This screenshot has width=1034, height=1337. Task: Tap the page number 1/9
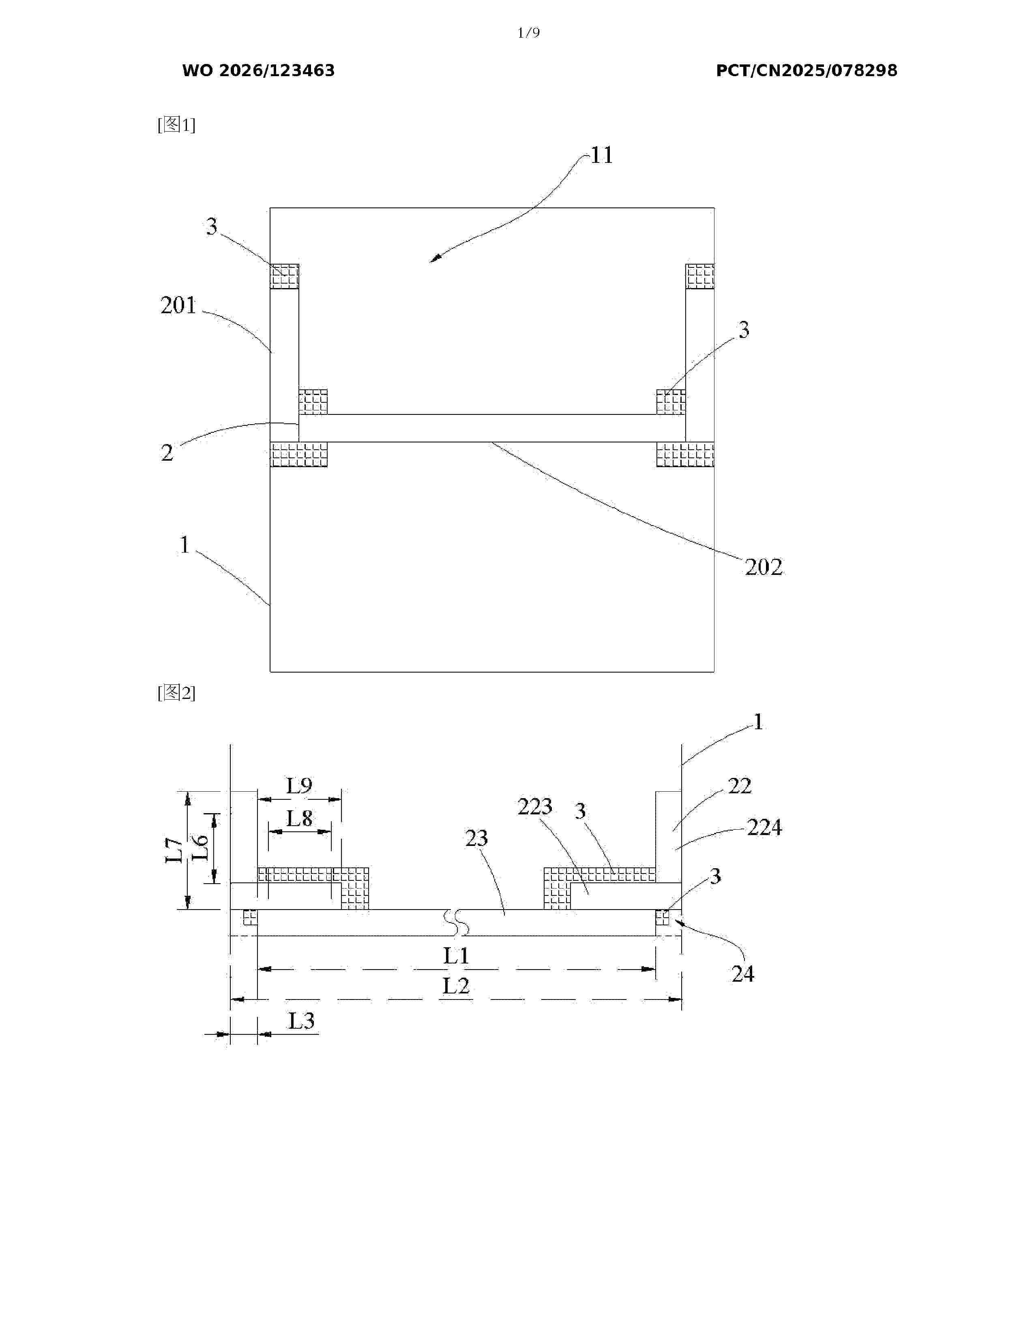click(529, 33)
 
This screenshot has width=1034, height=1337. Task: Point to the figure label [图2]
click(176, 693)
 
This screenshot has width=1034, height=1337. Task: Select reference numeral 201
click(178, 305)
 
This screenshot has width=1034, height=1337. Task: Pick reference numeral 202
click(764, 567)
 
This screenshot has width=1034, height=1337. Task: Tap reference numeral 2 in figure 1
click(167, 453)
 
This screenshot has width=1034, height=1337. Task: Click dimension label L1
click(456, 956)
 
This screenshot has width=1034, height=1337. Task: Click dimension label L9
click(300, 786)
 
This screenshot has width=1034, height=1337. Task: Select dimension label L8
click(300, 818)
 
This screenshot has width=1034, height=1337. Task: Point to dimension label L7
click(175, 851)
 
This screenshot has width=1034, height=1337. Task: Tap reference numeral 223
click(535, 807)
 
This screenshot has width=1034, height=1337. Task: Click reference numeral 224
click(764, 828)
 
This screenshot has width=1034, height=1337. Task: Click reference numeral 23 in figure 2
click(476, 838)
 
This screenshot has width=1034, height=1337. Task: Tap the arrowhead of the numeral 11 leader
click(431, 261)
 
